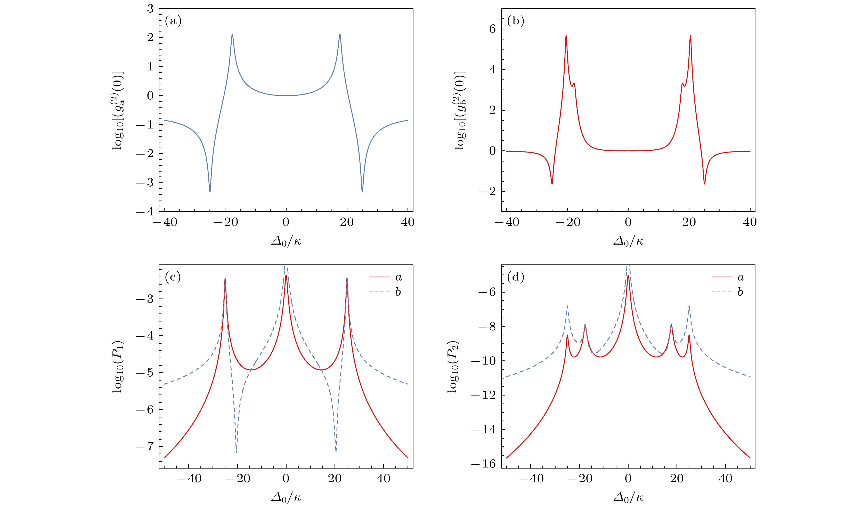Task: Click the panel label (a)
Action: pos(173,21)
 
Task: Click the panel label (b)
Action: pos(515,21)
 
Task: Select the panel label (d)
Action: pos(515,277)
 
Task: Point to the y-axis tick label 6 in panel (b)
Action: pos(492,29)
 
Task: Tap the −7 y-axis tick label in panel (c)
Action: pos(145,446)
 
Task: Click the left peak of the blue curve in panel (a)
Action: pos(232,35)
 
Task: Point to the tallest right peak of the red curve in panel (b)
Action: pos(690,36)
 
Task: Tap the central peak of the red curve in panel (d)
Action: pos(628,275)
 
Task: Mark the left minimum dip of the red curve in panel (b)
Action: pos(552,184)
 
